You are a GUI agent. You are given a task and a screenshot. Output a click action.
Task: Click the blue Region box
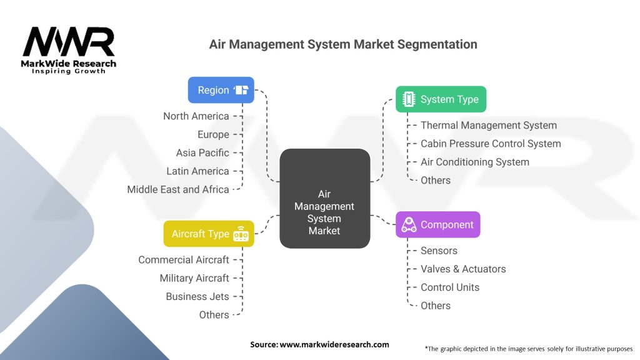221,90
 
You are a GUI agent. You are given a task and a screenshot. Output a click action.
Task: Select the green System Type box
441,99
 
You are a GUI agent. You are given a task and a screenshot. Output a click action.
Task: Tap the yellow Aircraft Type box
209,234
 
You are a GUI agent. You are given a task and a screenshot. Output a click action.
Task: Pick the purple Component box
438,224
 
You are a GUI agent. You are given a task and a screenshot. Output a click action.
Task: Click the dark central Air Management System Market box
325,198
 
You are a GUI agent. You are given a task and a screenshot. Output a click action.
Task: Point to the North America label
196,116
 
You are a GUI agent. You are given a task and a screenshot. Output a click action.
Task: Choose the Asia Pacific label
202,152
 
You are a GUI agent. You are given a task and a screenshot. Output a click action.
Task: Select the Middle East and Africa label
178,189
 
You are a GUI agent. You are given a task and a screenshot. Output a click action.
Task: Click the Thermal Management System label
489,125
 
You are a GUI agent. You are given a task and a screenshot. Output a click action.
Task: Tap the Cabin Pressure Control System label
491,144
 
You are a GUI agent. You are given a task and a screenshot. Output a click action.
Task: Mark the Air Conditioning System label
475,162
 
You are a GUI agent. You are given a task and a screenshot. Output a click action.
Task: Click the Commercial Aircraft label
184,260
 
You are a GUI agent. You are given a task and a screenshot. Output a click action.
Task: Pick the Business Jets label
197,297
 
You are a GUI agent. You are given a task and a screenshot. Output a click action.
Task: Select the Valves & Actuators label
463,269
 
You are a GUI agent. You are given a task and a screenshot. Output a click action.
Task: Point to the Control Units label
450,287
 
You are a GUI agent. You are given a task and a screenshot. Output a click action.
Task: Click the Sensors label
439,251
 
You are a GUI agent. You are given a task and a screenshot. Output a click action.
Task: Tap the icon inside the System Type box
409,99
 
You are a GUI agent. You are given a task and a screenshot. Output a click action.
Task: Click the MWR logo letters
69,41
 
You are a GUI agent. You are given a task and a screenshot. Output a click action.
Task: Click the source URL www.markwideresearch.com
334,344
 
